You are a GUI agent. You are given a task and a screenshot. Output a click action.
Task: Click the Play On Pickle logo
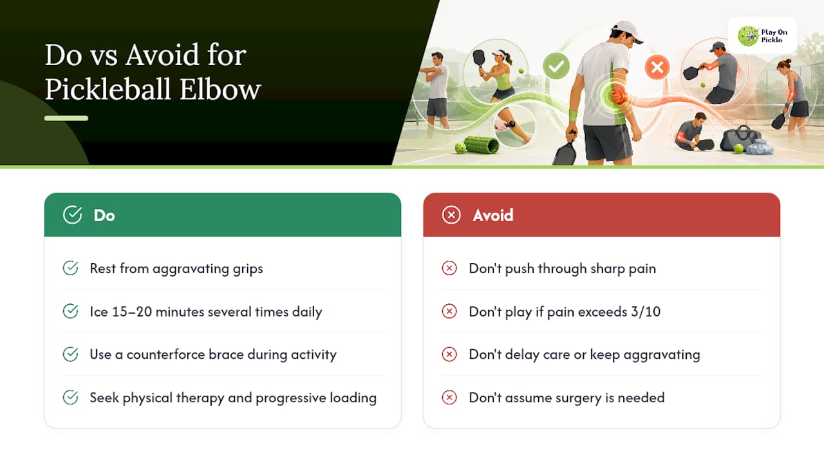coord(762,35)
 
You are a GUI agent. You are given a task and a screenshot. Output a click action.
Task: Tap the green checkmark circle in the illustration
coord(556,66)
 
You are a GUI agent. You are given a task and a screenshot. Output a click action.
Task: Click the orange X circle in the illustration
coord(657,68)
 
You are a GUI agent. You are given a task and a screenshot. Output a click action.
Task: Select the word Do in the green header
coord(104,215)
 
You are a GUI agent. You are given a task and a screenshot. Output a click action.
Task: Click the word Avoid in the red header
coord(493,215)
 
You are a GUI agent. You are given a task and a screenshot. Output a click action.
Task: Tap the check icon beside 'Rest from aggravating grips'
coord(70,268)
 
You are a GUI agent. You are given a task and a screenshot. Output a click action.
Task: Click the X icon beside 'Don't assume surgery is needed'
coord(449,398)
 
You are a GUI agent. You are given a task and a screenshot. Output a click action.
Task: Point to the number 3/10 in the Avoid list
coord(646,311)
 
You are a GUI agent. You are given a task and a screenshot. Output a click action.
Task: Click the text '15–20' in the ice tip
coord(132,311)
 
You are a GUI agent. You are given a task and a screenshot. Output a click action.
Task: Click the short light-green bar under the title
coord(66,118)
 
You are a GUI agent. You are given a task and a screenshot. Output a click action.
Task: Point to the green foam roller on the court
coord(481,144)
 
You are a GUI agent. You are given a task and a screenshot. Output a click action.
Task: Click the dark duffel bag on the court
coord(740,138)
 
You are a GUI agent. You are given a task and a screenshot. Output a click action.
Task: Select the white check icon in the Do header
coord(72,215)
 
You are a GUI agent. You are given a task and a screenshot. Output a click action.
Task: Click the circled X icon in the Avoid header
coord(451,215)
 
